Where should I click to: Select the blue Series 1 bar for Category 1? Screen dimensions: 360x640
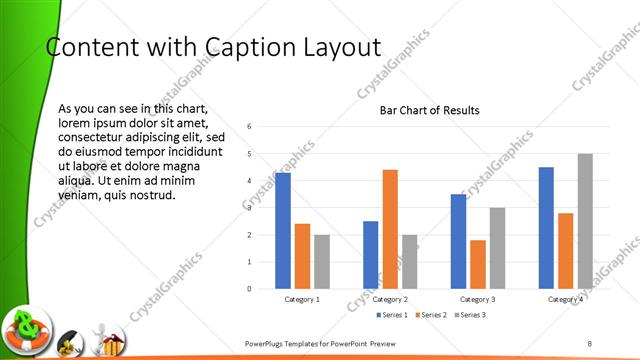283,231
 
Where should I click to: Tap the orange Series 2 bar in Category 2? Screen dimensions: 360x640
390,229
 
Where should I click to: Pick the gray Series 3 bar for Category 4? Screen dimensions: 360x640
585,221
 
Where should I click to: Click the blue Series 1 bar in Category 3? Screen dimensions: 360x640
458,241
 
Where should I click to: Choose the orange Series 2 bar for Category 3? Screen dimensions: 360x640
478,264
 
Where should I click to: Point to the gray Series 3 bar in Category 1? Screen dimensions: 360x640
322,262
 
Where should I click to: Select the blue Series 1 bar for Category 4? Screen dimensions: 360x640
546,228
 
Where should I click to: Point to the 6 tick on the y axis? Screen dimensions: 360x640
249,126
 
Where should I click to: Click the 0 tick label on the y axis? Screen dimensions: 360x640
249,289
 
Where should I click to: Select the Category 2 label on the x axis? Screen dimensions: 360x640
390,300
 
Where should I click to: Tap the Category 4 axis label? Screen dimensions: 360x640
566,300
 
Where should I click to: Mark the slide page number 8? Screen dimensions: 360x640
590,344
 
